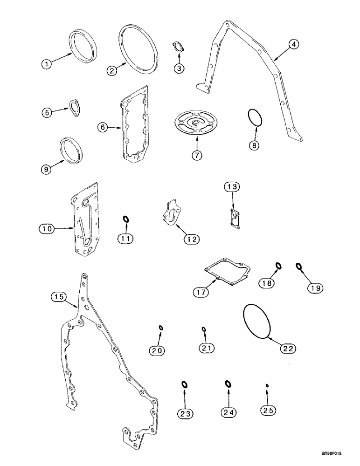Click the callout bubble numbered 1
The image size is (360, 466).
tap(46, 65)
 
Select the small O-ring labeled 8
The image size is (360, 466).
tap(252, 117)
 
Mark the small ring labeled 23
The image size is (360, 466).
tap(184, 384)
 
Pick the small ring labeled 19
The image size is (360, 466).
tap(299, 267)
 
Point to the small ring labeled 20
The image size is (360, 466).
tap(160, 328)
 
